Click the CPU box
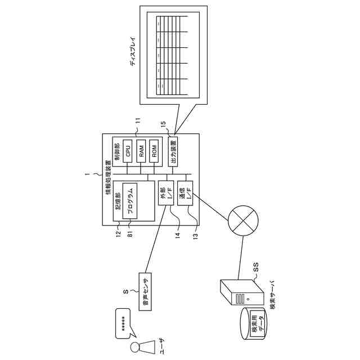[128, 151]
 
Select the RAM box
[142, 151]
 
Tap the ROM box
[154, 151]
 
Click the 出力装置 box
[173, 151]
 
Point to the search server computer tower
[240, 292]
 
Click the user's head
[136, 346]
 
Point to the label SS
[255, 271]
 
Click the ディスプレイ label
[133, 54]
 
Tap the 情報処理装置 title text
[108, 179]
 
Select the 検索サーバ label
[273, 295]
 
